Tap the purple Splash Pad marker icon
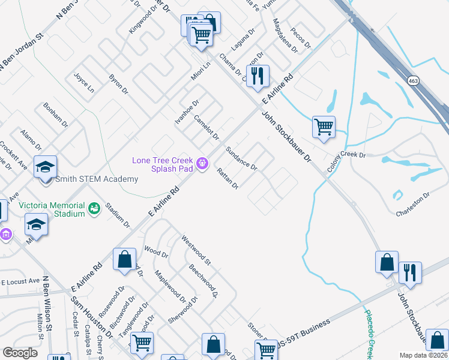(203, 162)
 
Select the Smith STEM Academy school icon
(45, 167)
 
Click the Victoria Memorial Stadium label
(52, 209)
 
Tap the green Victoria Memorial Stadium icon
(94, 208)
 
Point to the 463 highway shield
(412, 80)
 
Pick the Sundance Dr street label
(241, 158)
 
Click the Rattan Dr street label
(228, 178)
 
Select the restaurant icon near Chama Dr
(258, 76)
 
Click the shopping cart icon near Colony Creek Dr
(324, 127)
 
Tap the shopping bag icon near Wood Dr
(124, 260)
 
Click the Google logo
(20, 353)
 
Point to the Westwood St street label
(196, 251)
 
